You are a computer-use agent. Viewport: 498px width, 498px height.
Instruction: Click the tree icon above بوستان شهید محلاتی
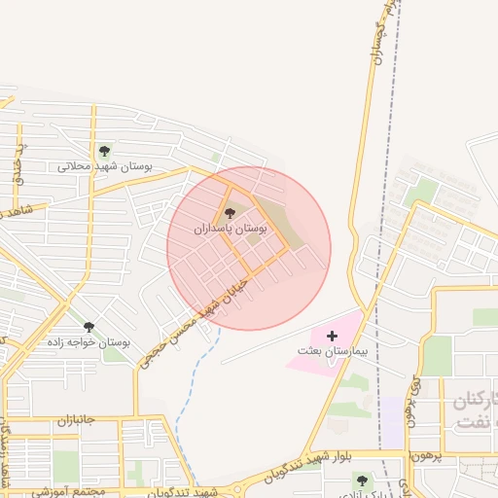(104, 151)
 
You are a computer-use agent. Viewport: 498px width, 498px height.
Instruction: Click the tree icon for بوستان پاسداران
(230, 213)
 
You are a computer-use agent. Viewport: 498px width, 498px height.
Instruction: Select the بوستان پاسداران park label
(230, 230)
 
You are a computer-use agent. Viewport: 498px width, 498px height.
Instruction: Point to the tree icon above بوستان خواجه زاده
(89, 328)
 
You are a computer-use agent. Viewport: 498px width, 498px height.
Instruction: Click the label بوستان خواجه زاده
(89, 343)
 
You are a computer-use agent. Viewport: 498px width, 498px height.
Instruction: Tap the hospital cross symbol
(332, 335)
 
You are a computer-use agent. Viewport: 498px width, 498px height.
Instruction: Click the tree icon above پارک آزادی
(361, 480)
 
